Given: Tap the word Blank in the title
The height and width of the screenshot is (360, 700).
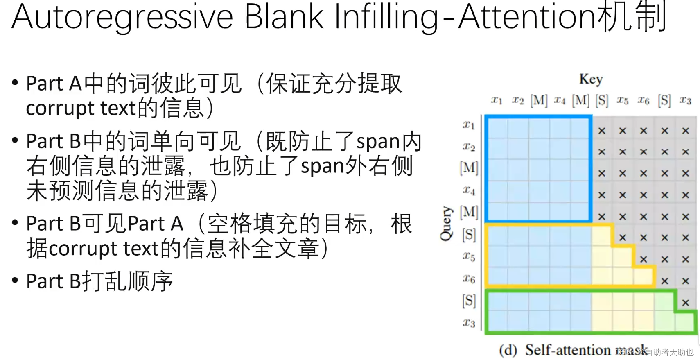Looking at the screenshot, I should point(284,17).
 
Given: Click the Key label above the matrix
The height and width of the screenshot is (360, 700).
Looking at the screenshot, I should point(591,79).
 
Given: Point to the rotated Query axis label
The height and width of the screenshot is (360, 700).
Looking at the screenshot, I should point(446,224).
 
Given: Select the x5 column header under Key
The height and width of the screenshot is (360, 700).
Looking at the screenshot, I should point(622,100).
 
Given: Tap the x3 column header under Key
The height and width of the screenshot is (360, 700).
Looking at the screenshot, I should point(685,100).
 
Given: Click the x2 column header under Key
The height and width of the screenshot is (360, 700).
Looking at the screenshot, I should point(518,100).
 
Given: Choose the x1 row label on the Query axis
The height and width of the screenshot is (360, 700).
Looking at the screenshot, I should point(469,125).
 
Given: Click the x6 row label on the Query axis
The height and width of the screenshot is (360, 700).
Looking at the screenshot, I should point(469,279).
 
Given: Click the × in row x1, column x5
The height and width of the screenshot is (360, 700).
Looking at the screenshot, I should point(623,131).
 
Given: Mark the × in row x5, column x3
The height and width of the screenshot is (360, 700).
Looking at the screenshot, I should point(686,259).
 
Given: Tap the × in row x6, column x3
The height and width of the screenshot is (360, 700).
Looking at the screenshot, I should point(686,281).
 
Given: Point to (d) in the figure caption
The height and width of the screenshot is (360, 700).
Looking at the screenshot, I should point(508,350).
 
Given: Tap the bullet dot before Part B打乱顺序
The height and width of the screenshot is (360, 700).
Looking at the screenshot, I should point(15,281).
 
